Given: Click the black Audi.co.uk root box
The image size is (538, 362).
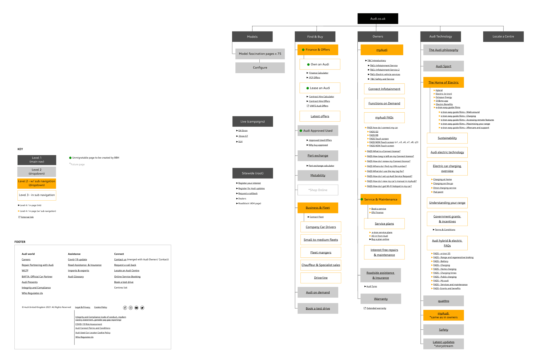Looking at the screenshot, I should tap(378, 19).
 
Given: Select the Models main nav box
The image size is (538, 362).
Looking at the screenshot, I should tap(252, 37).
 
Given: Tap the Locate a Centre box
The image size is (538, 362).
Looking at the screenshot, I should tap(503, 36).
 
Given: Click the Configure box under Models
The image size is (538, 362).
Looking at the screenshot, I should tap(260, 68).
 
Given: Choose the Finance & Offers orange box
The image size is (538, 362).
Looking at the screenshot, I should tap(318, 50).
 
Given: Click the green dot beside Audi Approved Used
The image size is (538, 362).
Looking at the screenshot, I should tap(301, 131).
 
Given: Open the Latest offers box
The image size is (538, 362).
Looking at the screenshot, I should tap(320, 116).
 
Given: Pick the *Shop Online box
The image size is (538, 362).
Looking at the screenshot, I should tap(318, 190).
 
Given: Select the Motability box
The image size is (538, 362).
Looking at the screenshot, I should tap(318, 175).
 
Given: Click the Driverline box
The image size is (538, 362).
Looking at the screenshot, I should tap(321, 278).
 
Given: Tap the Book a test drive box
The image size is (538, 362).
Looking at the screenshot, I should tap(318, 308).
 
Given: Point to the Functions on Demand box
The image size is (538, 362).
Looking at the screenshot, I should tap(384, 103).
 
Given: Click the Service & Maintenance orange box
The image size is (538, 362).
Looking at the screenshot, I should tap(381, 199).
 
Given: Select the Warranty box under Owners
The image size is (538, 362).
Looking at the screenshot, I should tap(381, 299).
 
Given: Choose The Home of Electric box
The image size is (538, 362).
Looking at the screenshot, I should tap(443, 82).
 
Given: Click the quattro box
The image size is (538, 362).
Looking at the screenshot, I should tap(443, 301).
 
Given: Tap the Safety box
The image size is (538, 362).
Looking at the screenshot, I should tap(443, 330).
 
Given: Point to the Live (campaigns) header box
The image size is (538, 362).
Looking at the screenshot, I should tap(252, 122).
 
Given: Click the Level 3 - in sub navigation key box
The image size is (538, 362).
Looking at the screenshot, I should tap(37, 195).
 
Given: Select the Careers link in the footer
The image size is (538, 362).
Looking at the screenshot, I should tap(26, 260).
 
